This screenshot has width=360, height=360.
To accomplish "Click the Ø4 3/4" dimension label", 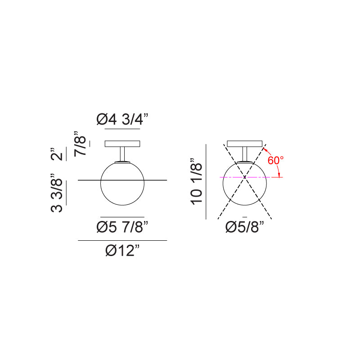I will click(122, 119).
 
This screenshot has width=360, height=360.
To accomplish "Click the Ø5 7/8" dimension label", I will click(122, 227).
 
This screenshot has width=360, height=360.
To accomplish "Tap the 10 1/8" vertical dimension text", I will click(197, 181).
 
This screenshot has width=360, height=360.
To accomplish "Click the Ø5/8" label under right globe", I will click(244, 227).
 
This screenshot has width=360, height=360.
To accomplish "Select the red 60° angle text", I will click(275, 160).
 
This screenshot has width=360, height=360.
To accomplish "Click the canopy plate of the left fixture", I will click(122, 144).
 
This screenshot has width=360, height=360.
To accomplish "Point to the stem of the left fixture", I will click(122, 154).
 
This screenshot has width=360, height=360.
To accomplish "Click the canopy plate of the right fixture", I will click(245, 144).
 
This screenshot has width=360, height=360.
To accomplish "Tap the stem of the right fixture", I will click(245, 153).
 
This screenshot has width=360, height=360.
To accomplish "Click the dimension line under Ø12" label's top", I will click(122, 241).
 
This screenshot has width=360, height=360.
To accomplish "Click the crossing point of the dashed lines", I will click(244, 177).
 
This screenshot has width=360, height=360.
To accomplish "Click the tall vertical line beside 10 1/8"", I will click(206, 181).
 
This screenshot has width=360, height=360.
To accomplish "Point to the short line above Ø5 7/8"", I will click(122, 216).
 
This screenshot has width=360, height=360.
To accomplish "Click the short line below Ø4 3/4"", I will click(122, 129).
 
